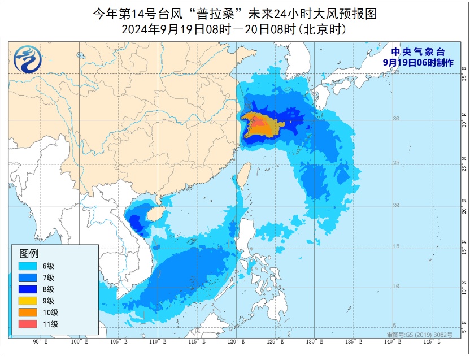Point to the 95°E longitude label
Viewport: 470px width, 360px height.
pos(39,342)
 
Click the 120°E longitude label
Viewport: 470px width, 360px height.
pos(236,342)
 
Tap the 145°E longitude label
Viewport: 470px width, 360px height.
pos(433,342)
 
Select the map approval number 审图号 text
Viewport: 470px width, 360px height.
pos(423,335)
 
